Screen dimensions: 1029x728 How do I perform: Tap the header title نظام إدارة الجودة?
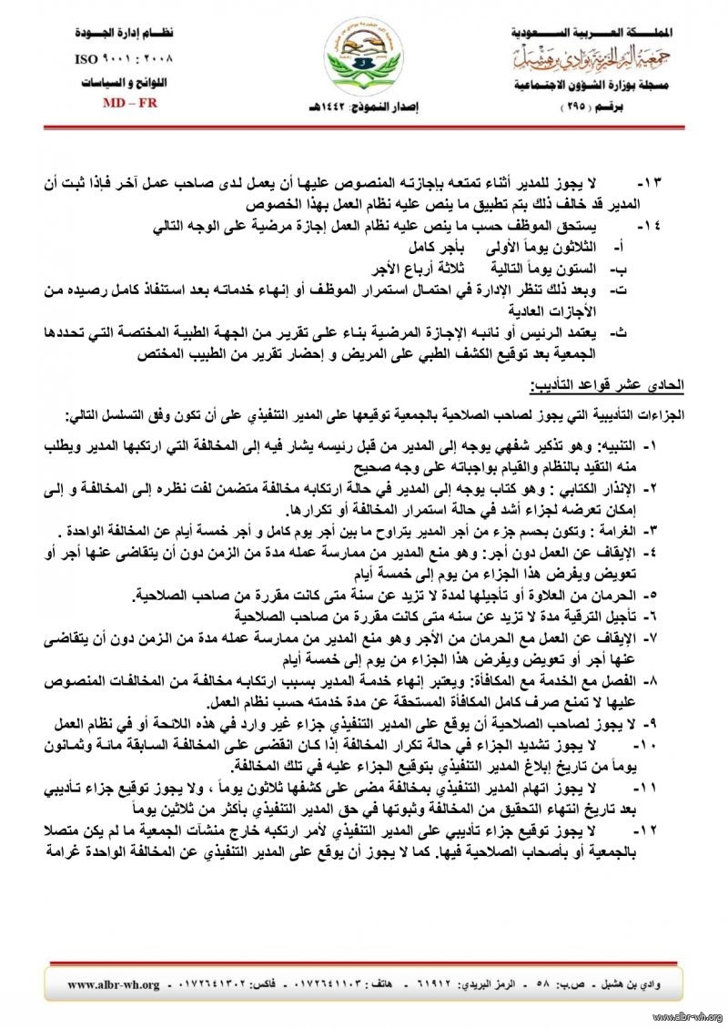coord(125,33)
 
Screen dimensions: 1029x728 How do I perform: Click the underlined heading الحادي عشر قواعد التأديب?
coord(629,386)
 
